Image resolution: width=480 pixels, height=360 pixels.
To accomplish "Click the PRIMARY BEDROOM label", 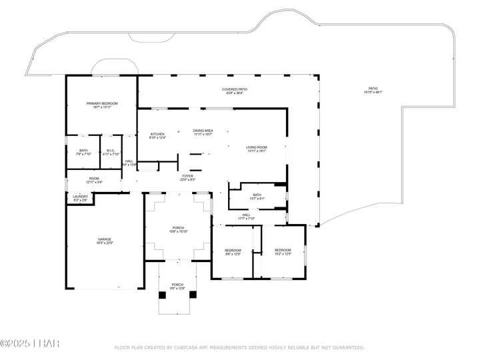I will [102, 104].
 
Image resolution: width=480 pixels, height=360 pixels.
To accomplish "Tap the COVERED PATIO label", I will [234, 89].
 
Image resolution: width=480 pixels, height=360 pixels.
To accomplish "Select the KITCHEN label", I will [157, 135].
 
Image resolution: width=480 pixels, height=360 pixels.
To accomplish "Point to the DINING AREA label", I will [203, 131].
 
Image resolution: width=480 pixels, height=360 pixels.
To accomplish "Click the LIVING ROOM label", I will [257, 148].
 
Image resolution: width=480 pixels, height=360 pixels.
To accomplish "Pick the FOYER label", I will [187, 177].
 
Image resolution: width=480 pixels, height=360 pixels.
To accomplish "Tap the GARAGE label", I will [105, 239].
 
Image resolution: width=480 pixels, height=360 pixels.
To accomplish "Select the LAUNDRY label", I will [79, 196].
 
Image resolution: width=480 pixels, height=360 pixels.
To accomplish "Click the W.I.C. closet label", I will [111, 151].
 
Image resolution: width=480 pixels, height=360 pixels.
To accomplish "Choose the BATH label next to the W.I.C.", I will [83, 151].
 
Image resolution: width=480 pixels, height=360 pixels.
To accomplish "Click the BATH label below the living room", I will [257, 195].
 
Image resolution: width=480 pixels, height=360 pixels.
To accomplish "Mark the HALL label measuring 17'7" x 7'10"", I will [246, 215].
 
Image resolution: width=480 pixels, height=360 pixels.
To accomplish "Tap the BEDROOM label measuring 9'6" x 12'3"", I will [232, 251].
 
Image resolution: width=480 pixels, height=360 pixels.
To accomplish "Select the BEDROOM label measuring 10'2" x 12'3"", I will [283, 251].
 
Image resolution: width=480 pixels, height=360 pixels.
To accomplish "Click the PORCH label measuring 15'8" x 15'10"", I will [177, 229].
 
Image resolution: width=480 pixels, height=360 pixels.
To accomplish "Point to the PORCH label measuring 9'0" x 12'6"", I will [177, 285].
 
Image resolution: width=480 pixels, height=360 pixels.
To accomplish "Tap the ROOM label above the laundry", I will [94, 179].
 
